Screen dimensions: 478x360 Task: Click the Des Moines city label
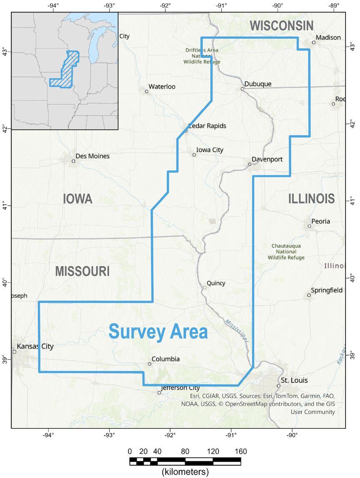pyautogui.click(x=93, y=156)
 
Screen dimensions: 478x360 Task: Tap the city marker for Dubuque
pyautogui.click(x=242, y=89)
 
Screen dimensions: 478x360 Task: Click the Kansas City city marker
pyautogui.click(x=15, y=352)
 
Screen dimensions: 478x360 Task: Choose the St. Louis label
pyautogui.click(x=294, y=380)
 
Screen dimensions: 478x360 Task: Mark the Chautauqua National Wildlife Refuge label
pyautogui.click(x=286, y=251)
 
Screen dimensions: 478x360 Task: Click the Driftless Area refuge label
pyautogui.click(x=202, y=56)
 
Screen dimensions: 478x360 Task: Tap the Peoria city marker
pyautogui.click(x=309, y=226)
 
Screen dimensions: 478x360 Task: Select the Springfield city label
pyautogui.click(x=327, y=290)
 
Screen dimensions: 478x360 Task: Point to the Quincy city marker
pyautogui.click(x=205, y=287)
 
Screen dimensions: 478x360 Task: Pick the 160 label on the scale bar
pyautogui.click(x=241, y=451)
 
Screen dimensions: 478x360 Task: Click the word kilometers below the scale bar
pyautogui.click(x=185, y=472)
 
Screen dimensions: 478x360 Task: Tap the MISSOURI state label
pyautogui.click(x=82, y=271)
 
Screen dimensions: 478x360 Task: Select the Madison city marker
pyautogui.click(x=314, y=42)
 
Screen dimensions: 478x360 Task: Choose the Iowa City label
pyautogui.click(x=210, y=150)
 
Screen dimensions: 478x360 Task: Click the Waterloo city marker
pyautogui.click(x=147, y=92)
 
